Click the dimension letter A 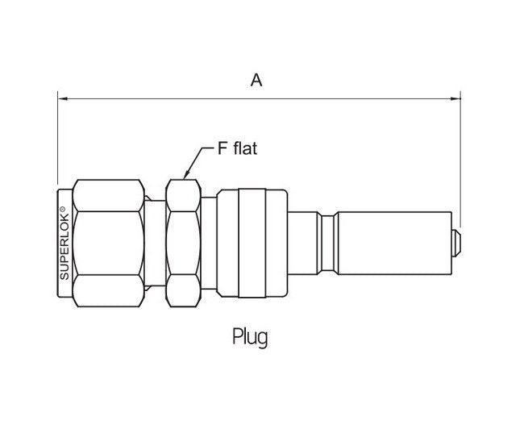pos(256,80)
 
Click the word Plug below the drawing pos(249,336)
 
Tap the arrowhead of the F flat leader pos(186,174)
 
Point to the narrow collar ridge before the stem pos(328,240)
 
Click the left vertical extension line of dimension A pos(58,145)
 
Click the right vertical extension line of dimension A pos(460,161)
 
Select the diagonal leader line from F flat pos(200,159)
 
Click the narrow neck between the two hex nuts pos(155,242)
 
